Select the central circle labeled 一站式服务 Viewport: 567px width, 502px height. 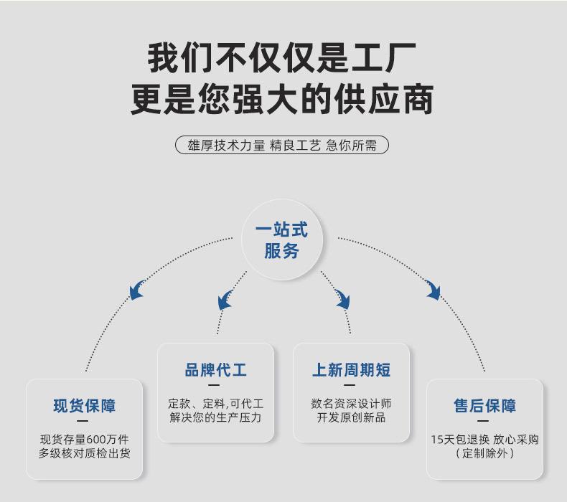(281, 240)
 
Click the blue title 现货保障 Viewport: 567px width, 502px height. (84, 406)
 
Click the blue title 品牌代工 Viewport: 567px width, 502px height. (215, 370)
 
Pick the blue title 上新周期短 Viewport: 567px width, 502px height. (351, 370)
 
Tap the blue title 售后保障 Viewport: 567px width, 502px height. (484, 406)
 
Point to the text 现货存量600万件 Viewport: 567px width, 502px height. (84, 439)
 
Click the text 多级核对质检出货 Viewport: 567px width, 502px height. (84, 453)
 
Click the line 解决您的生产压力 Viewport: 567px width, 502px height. (215, 417)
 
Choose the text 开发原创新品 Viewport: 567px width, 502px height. (351, 417)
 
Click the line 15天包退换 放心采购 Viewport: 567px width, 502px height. (484, 439)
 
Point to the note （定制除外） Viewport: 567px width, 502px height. (484, 453)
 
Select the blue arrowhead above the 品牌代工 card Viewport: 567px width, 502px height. (225, 300)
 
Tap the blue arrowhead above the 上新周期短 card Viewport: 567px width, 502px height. (342, 300)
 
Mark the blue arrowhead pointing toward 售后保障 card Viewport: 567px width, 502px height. (432, 290)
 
